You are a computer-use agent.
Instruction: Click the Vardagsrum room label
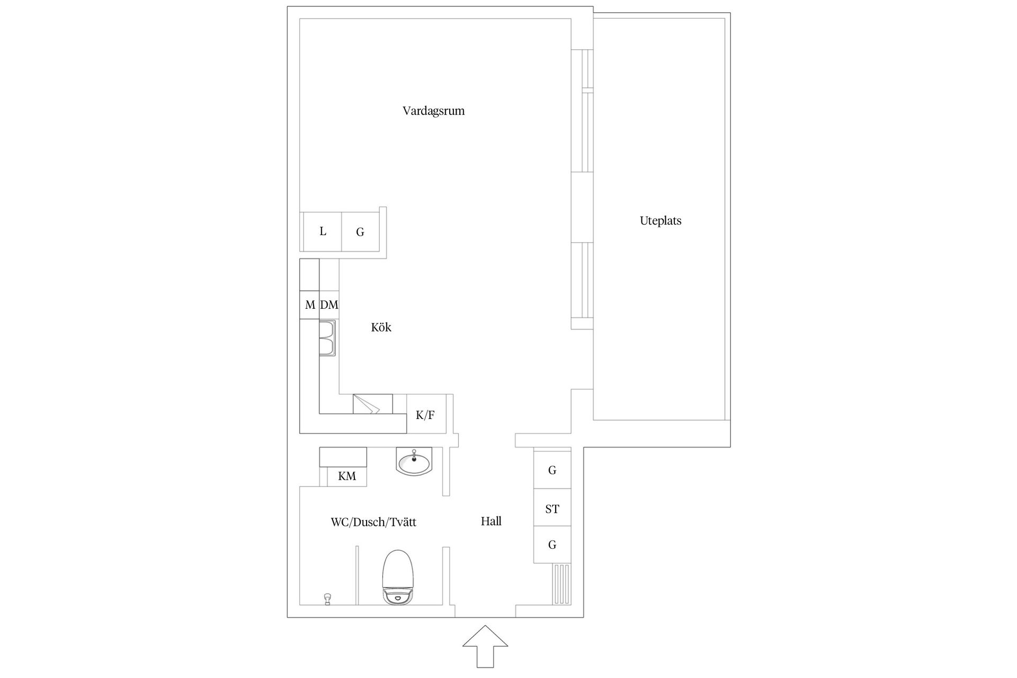tap(433, 111)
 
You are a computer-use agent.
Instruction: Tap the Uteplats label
tap(661, 221)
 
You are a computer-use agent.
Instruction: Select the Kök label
tap(381, 327)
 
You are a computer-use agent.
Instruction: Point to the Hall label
tap(491, 521)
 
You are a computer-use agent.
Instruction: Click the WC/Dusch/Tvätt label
tap(373, 522)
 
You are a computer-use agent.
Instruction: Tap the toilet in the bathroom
tap(397, 577)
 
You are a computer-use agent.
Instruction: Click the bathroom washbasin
tap(414, 461)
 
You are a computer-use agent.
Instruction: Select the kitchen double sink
tap(327, 338)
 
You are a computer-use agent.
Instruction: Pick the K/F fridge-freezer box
tap(426, 415)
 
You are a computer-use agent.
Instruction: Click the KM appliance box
tap(347, 476)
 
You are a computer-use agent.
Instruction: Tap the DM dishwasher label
tap(329, 305)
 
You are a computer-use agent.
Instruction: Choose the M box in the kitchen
tap(310, 305)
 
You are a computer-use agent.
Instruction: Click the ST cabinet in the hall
tap(552, 509)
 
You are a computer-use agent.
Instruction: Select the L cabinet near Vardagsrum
tap(323, 231)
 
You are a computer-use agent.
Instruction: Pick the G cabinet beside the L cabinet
tap(360, 232)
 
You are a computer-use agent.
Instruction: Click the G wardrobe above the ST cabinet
tap(552, 470)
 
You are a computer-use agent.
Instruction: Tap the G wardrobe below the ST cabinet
tap(552, 545)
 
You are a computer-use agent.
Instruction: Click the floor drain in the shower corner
tap(327, 599)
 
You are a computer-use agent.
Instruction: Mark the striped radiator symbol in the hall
tap(561, 584)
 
